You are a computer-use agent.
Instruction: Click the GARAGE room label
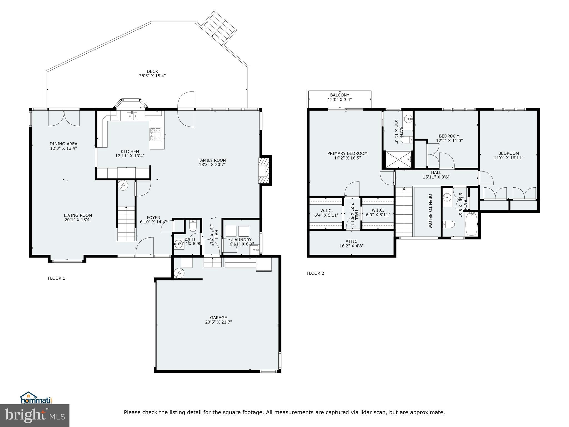click(218, 317)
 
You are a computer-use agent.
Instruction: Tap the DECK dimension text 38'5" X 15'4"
click(152, 76)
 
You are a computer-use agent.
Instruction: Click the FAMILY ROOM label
click(212, 160)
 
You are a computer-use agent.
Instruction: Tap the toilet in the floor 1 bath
click(193, 226)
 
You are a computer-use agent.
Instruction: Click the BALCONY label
click(340, 95)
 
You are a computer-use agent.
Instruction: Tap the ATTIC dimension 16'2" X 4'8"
click(351, 246)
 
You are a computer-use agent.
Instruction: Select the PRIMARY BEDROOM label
click(347, 153)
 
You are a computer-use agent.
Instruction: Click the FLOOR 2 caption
click(315, 273)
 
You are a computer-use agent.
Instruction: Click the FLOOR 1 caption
click(56, 278)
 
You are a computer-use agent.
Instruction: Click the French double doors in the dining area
click(64, 118)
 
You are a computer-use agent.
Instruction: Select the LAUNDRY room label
click(242, 240)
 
